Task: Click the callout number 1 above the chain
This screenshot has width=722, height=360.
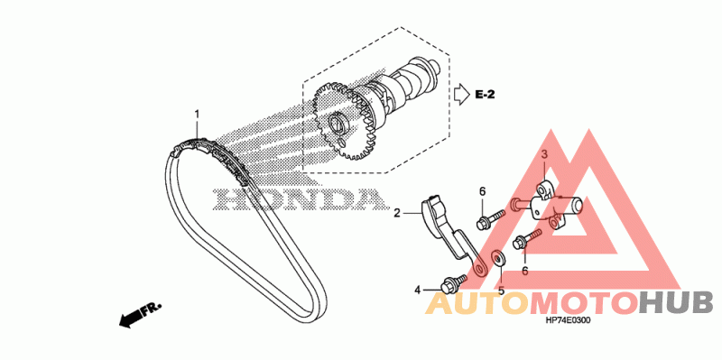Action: coord(197,114)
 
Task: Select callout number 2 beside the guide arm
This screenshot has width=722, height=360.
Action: coord(397,213)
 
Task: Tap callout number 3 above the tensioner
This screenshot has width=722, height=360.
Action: coord(543,155)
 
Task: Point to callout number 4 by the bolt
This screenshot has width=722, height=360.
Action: coord(417,290)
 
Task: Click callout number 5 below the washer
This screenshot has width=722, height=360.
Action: coord(501,291)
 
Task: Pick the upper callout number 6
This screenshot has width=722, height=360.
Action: coord(483,191)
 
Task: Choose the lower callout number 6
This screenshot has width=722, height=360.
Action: coord(524,271)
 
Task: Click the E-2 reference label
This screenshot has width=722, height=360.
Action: coord(485,95)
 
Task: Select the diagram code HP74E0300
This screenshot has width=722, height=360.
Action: coord(568,321)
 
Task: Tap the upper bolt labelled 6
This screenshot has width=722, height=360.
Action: coord(491,219)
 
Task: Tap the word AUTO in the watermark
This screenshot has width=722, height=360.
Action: coord(479,303)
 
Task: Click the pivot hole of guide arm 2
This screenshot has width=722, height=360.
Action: coord(480,269)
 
